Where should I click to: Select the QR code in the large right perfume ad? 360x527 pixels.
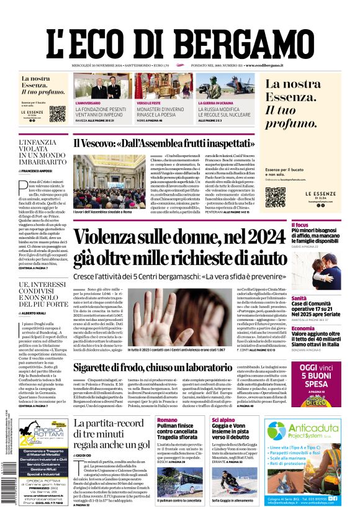(275, 196)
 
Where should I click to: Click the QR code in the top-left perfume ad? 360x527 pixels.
(57, 114)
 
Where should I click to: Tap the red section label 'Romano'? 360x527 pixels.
(166, 420)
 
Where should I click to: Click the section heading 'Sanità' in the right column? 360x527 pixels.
(299, 299)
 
